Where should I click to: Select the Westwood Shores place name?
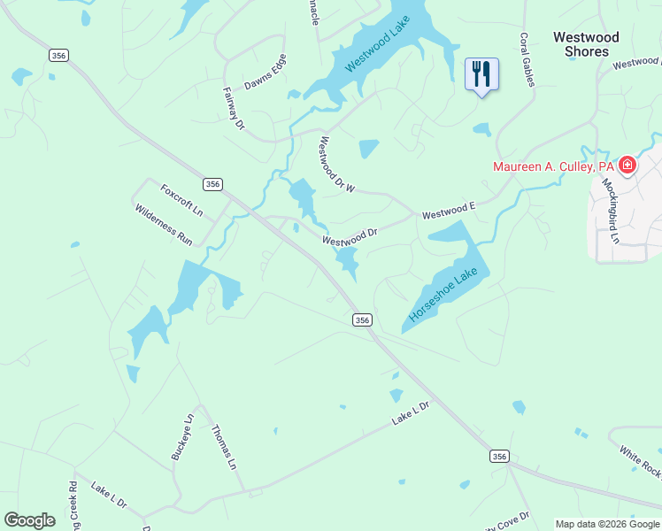(586, 44)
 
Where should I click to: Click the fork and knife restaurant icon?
(481, 73)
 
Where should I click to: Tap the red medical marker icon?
(627, 165)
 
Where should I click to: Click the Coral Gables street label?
(527, 60)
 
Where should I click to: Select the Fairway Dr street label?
(234, 108)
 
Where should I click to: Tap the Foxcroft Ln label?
(181, 200)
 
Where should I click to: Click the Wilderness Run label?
(163, 225)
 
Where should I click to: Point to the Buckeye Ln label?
(181, 437)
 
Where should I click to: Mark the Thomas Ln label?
(224, 447)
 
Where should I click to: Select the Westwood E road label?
(449, 211)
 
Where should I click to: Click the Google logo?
(29, 520)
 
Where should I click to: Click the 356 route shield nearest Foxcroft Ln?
(212, 184)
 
